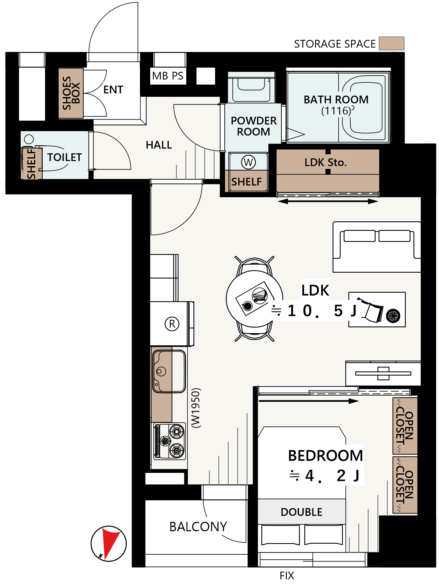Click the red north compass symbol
(109, 543)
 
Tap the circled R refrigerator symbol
(172, 324)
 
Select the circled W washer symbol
(248, 162)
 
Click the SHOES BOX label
(71, 93)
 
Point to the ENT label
(113, 90)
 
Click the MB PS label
(168, 76)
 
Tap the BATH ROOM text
(336, 100)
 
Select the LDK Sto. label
(326, 162)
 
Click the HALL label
(159, 145)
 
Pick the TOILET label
(65, 157)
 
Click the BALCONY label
(198, 527)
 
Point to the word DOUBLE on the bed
(302, 512)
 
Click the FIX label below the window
(287, 576)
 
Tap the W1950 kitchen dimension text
(196, 408)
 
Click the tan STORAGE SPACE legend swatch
(391, 43)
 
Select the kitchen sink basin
(169, 371)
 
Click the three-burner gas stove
(170, 441)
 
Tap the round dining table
(254, 299)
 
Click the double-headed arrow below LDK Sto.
(328, 202)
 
